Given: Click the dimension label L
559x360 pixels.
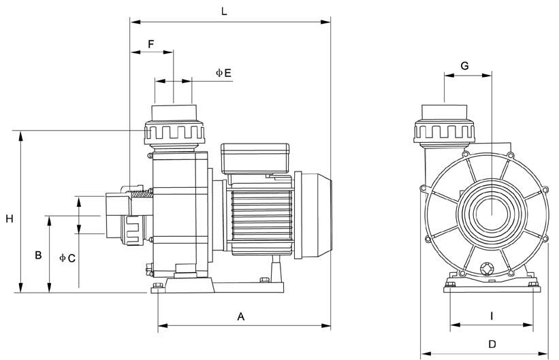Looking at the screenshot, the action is (x=224, y=11).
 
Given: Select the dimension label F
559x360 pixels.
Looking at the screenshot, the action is (x=151, y=44).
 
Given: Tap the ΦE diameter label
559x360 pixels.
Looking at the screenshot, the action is (x=223, y=73).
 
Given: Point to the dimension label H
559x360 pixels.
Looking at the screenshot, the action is (x=10, y=218).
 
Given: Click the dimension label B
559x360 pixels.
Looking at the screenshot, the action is (x=38, y=255).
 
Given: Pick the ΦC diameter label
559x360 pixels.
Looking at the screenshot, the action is (x=67, y=258).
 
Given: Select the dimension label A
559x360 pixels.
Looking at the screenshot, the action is (x=241, y=316).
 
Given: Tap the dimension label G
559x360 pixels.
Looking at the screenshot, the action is (x=464, y=65).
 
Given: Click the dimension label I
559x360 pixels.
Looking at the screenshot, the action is (x=492, y=316).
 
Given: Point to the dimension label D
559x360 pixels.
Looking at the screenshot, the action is (x=492, y=344).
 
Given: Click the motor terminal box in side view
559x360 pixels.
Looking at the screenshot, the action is (x=255, y=159).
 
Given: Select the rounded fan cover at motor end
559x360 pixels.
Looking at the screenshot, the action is (x=313, y=215).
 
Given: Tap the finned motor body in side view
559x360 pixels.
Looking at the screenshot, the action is (x=261, y=217).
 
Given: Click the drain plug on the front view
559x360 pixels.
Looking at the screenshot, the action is (x=486, y=269).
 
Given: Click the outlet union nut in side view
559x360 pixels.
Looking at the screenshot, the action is (x=174, y=133).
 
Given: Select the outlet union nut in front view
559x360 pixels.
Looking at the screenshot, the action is (x=444, y=131).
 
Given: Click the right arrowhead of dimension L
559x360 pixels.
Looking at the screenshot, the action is (x=325, y=22).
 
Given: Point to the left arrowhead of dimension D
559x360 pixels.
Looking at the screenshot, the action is (x=426, y=355).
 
